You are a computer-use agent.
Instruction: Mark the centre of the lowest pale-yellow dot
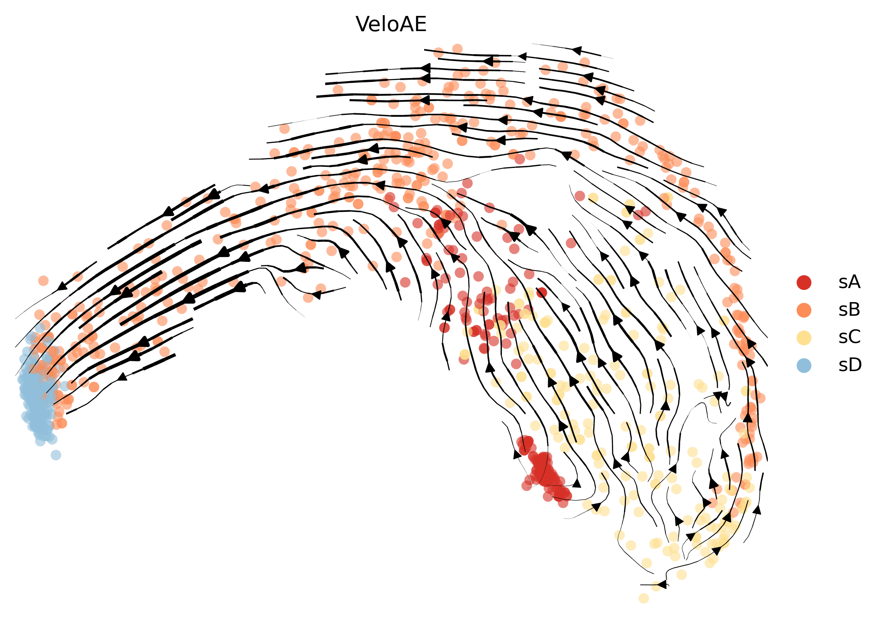(644, 598)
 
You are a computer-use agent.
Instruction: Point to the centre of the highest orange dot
(457, 49)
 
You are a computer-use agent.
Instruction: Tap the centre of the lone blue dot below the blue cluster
(56, 455)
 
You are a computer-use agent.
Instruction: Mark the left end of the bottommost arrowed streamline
(641, 585)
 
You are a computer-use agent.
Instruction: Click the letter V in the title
(362, 25)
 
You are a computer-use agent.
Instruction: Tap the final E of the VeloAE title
(421, 25)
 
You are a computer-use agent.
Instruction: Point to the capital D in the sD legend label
(855, 365)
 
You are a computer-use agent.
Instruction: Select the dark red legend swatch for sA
(804, 282)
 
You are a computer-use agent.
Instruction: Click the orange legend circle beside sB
(804, 310)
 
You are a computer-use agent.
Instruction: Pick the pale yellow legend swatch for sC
(804, 337)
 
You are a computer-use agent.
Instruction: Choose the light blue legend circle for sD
(804, 365)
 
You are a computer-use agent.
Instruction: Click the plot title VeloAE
(391, 25)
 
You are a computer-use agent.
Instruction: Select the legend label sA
(849, 282)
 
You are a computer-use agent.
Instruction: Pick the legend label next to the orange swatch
(849, 310)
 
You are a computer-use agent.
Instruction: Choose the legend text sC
(850, 337)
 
